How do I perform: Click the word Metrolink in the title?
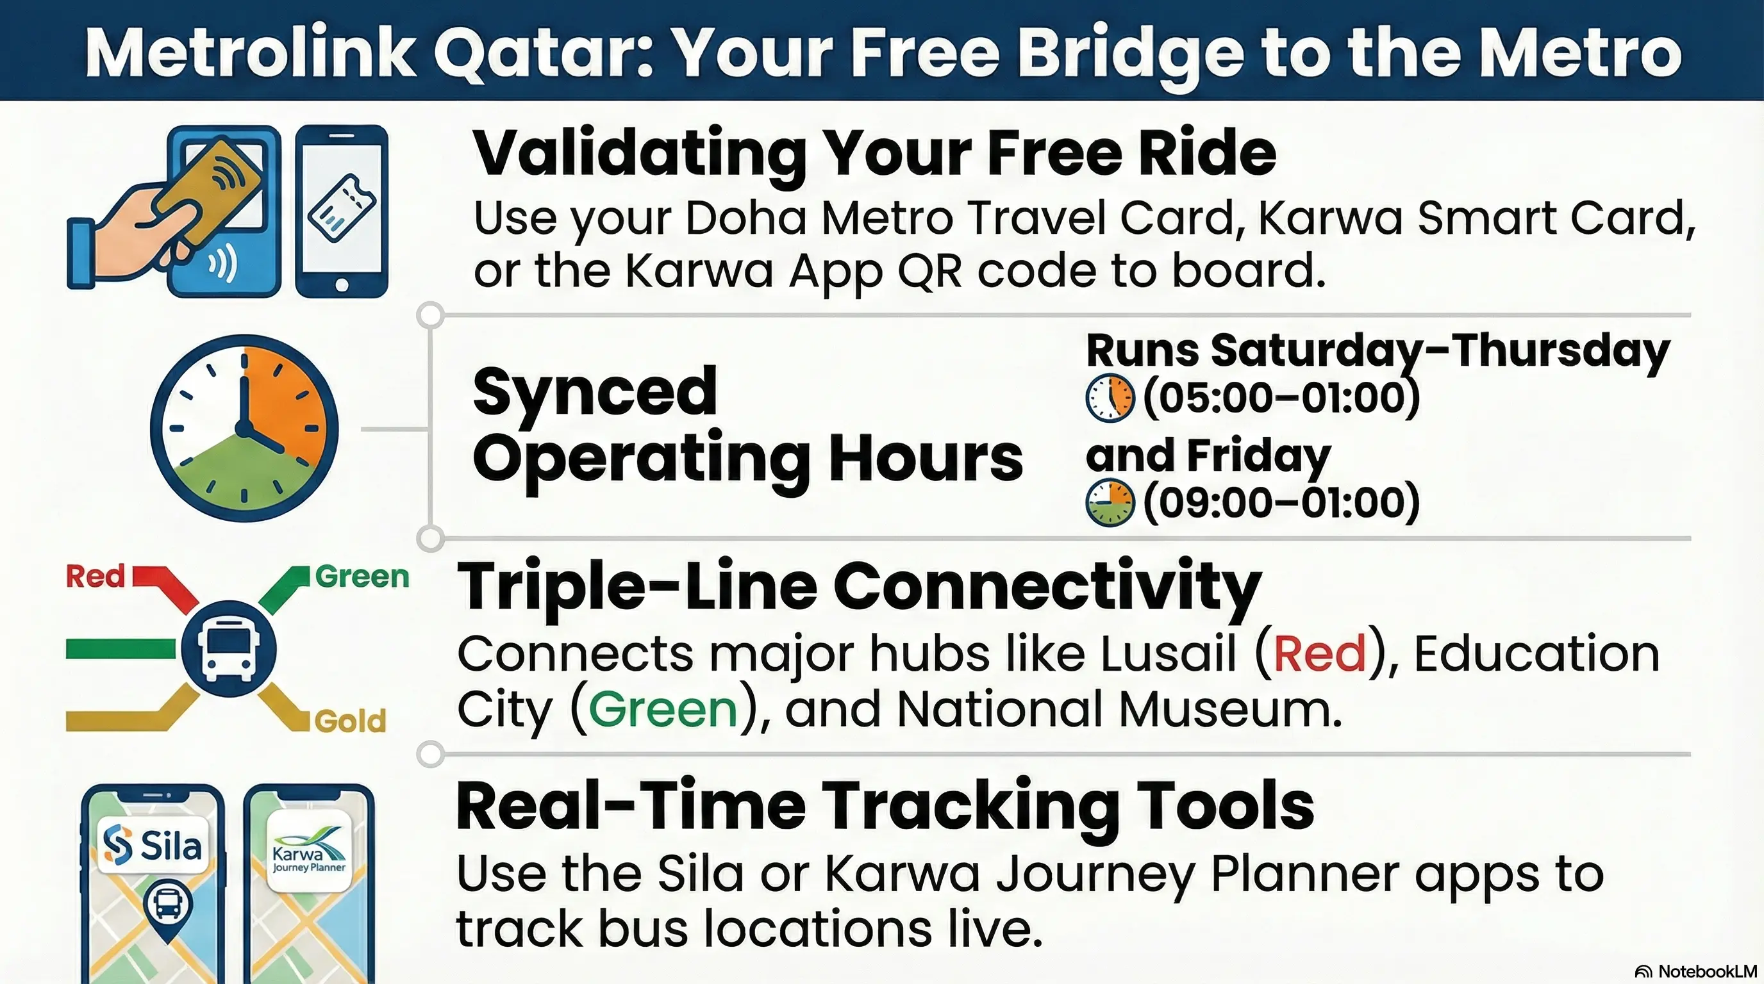click(x=250, y=53)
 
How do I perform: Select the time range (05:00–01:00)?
click(x=1281, y=398)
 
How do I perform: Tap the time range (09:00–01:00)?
click(x=1281, y=502)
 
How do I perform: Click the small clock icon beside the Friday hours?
click(x=1110, y=503)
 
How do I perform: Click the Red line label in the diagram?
click(x=95, y=576)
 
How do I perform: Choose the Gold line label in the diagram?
click(x=350, y=721)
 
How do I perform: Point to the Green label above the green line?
click(x=362, y=576)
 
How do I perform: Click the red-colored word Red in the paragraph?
click(x=1319, y=653)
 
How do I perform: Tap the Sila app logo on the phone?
click(x=153, y=845)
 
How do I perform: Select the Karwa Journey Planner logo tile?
click(x=309, y=852)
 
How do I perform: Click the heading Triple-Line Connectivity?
click(x=859, y=586)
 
